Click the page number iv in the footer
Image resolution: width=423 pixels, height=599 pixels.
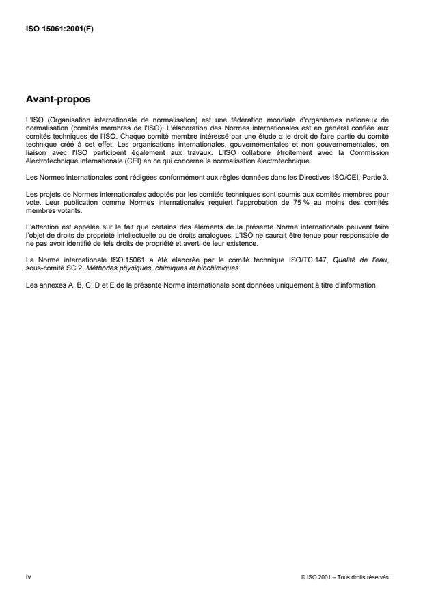28,576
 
